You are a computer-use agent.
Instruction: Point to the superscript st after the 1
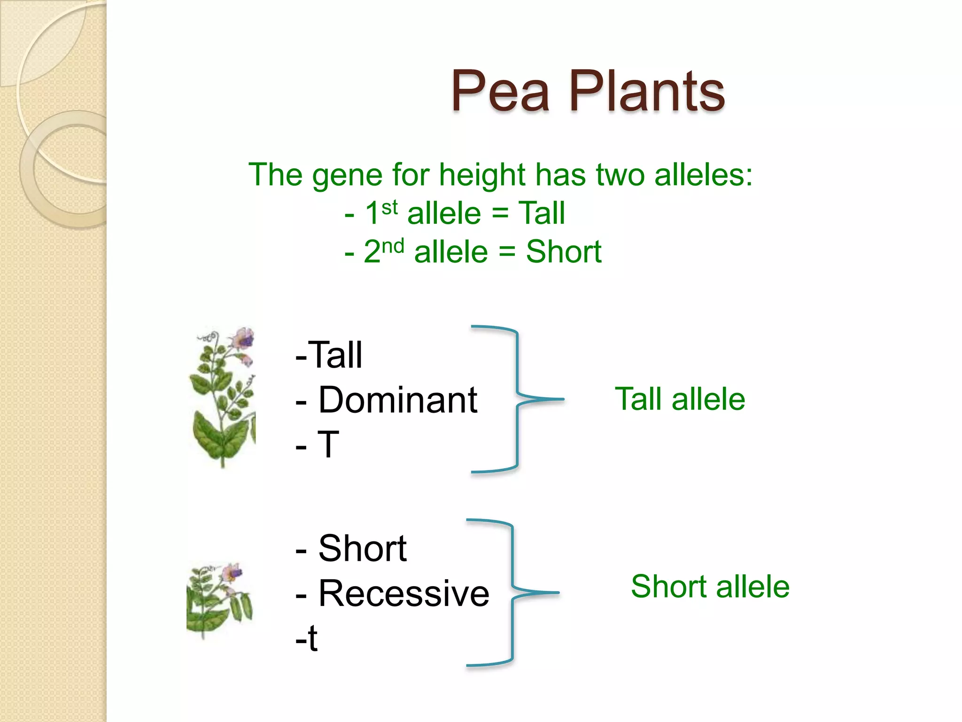[389, 207]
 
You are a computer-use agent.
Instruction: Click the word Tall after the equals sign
[541, 213]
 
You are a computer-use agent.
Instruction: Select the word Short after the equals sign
[563, 251]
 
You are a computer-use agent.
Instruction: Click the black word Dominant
[397, 400]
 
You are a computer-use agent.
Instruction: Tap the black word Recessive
[403, 593]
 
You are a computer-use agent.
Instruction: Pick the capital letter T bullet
[328, 444]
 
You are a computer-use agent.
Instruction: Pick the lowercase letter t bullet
[312, 638]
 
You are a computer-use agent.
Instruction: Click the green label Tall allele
[680, 399]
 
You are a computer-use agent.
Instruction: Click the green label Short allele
[710, 587]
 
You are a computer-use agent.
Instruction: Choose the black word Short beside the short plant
[362, 549]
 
